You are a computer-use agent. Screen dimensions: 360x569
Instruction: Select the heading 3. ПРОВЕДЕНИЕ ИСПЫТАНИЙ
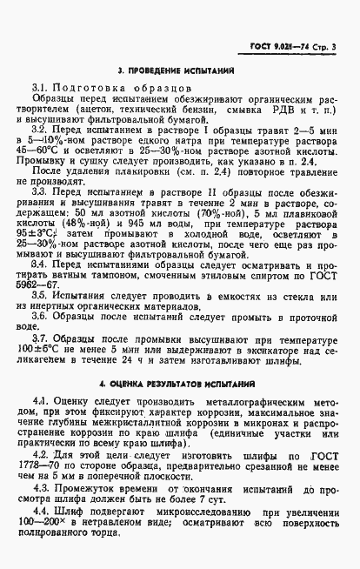click(x=179, y=69)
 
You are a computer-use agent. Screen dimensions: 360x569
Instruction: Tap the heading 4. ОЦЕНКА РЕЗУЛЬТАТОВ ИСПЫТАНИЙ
click(x=180, y=383)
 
